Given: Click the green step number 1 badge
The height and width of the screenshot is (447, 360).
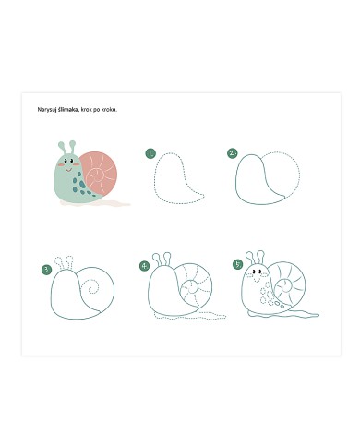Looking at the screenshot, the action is click(x=150, y=153).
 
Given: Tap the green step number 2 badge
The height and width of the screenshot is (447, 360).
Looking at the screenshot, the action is click(x=233, y=153).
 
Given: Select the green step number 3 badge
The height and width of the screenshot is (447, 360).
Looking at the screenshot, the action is click(x=47, y=270).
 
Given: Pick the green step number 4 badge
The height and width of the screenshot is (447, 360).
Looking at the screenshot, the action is click(x=144, y=266).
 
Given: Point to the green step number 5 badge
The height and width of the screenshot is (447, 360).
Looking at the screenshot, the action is click(x=238, y=264).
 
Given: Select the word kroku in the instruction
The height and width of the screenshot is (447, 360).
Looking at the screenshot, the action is click(x=110, y=109).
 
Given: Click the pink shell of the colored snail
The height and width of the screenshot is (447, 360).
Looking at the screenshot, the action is click(x=100, y=173).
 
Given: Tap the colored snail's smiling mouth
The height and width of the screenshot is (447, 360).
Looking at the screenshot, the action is click(x=68, y=169).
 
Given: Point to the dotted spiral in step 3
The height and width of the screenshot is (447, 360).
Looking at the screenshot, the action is click(x=91, y=287).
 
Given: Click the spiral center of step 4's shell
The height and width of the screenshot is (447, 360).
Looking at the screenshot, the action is click(x=193, y=288).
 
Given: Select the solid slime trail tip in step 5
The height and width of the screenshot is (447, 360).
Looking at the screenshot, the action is click(x=318, y=315).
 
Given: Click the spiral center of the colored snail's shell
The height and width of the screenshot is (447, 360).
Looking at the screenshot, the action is click(x=98, y=176).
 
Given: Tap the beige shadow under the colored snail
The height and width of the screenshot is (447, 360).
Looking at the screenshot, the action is click(x=95, y=203).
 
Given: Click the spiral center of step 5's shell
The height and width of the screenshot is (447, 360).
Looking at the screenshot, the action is click(x=286, y=286).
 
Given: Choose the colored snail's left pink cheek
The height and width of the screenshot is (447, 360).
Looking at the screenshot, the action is click(x=61, y=165).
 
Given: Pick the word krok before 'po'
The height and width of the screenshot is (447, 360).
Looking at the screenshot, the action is click(x=86, y=109).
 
